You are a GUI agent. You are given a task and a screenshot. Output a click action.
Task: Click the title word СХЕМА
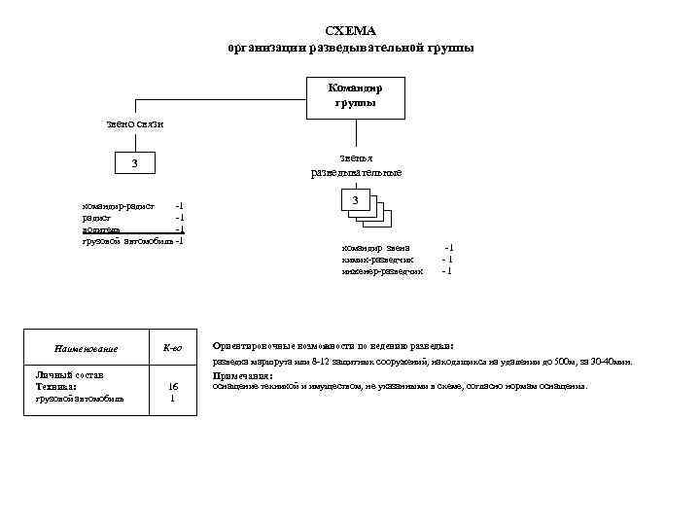click(x=351, y=31)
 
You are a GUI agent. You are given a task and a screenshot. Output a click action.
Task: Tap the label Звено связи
click(x=135, y=124)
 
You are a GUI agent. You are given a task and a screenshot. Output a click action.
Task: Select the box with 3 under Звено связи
click(x=135, y=162)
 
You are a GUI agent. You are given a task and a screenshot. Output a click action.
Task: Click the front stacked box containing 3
click(x=357, y=201)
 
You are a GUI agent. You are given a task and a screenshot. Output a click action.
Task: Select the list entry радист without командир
click(x=95, y=218)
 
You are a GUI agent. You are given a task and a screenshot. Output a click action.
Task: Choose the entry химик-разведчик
click(x=378, y=260)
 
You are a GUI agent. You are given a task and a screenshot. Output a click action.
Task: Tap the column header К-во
click(x=172, y=348)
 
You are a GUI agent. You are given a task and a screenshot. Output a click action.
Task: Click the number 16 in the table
click(x=172, y=386)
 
